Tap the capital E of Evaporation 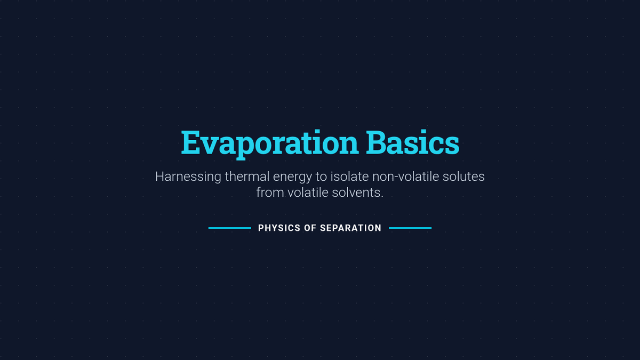click(x=190, y=142)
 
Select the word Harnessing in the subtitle click(x=188, y=177)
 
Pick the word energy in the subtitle click(x=292, y=178)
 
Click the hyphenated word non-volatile click(x=405, y=177)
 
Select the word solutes click(x=463, y=177)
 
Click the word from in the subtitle click(x=270, y=193)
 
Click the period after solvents click(x=382, y=197)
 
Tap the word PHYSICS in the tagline click(x=279, y=228)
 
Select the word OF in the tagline click(x=310, y=228)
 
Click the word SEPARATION click(x=350, y=228)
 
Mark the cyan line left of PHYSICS click(x=230, y=228)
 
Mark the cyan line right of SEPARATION click(x=410, y=228)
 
